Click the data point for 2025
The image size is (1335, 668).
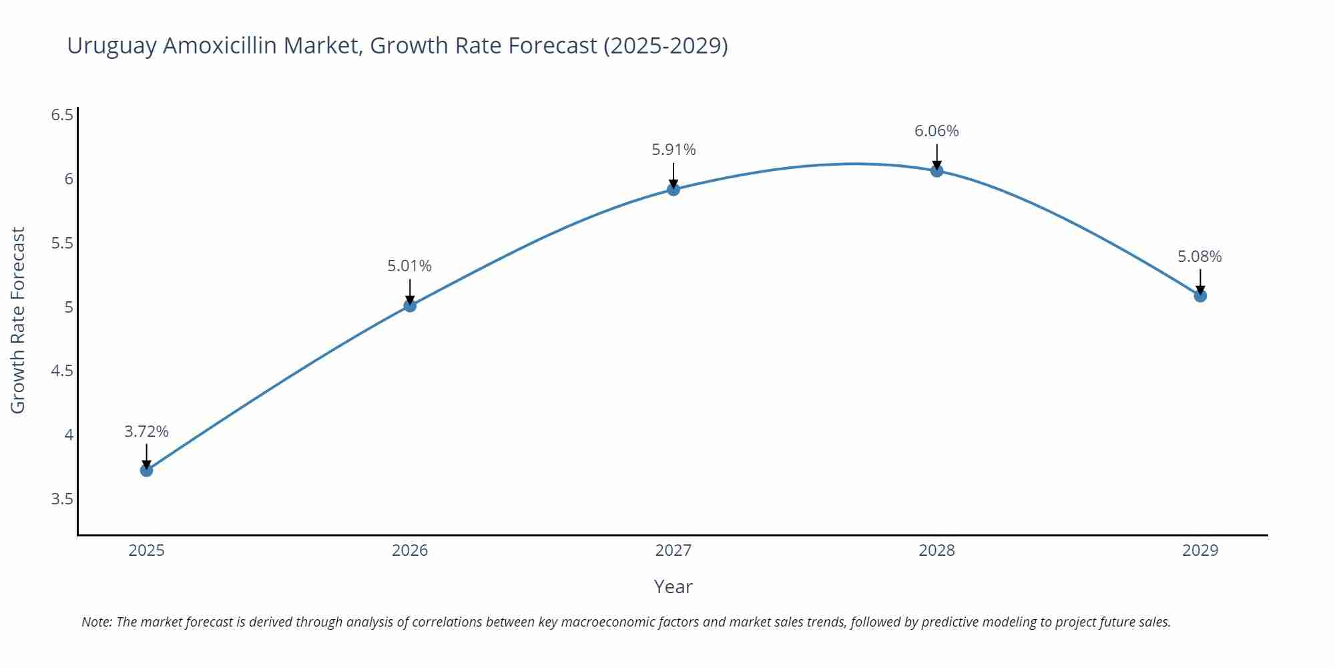(x=146, y=470)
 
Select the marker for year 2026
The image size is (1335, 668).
(x=410, y=305)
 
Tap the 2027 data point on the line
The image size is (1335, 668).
(x=674, y=190)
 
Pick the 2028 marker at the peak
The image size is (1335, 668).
(x=937, y=170)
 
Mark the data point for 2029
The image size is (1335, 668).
(x=1200, y=296)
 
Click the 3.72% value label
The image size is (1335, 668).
(x=146, y=432)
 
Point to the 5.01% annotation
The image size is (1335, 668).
(x=409, y=266)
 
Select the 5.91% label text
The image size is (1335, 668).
(x=674, y=150)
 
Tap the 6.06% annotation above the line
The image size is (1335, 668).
(x=937, y=131)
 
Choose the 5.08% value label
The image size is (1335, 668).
(x=1199, y=257)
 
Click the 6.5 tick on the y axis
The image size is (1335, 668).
(x=62, y=115)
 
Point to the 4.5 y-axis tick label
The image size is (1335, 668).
(x=62, y=371)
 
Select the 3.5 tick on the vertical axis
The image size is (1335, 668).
(x=62, y=499)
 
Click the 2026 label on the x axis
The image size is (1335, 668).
(x=410, y=550)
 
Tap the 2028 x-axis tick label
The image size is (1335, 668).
(x=937, y=550)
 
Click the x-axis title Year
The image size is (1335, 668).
(x=673, y=587)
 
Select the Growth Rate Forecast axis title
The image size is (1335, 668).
(x=18, y=320)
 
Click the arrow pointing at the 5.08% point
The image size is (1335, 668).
(x=1200, y=281)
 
